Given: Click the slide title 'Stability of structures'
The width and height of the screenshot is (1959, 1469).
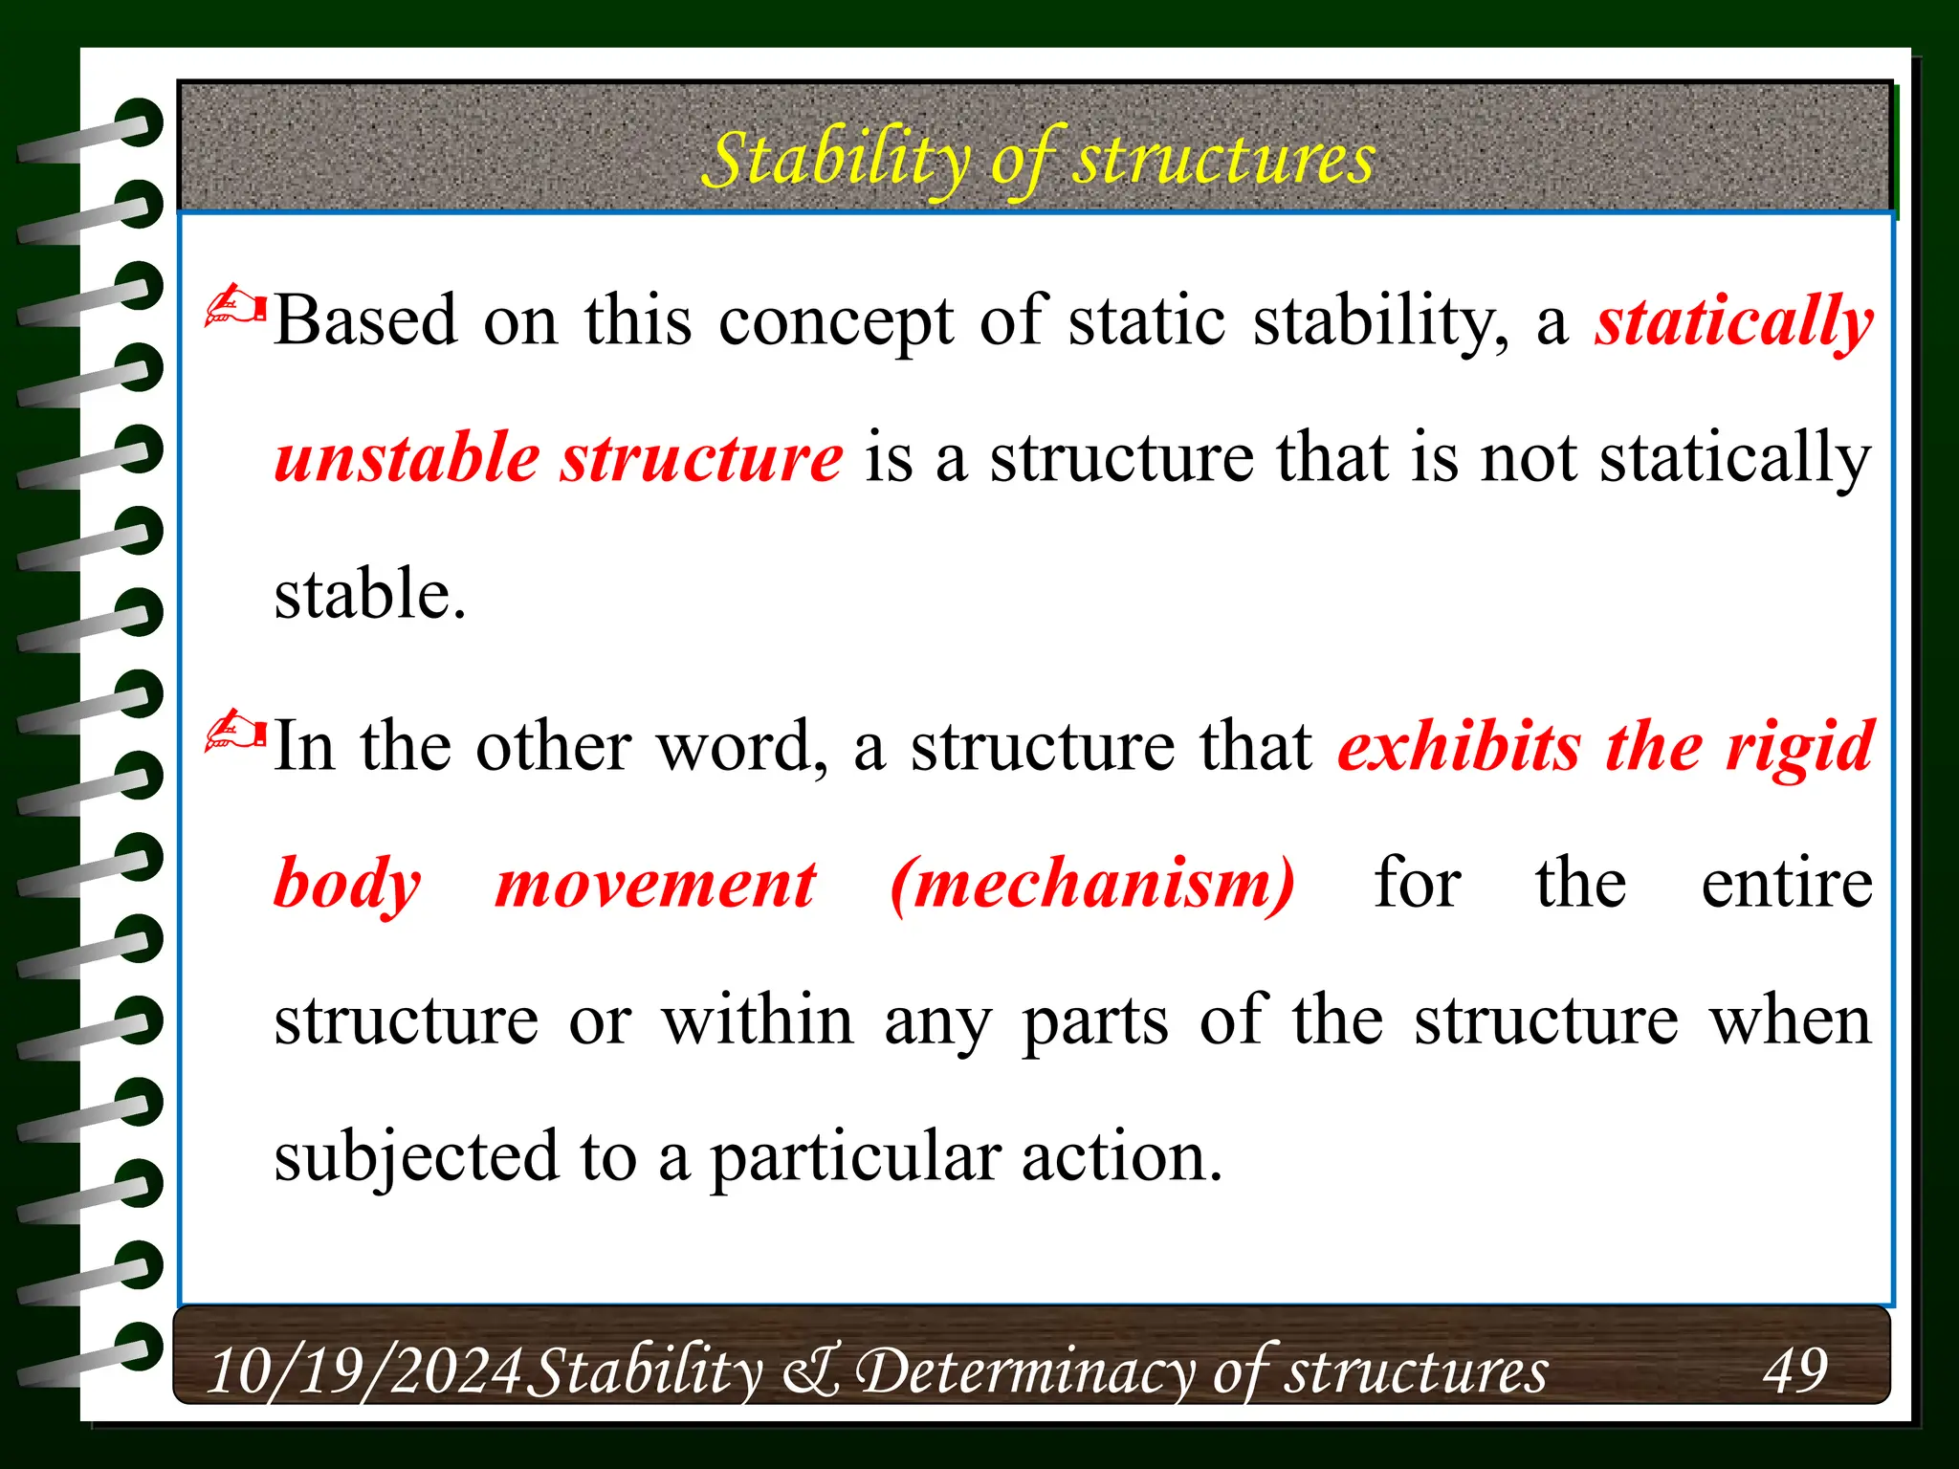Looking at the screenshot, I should (1038, 159).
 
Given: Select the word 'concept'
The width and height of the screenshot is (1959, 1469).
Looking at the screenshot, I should (835, 322).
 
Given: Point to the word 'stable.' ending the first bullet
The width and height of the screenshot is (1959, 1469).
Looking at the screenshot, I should (370, 594).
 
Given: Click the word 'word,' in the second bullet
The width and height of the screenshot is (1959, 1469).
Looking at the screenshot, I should (742, 746).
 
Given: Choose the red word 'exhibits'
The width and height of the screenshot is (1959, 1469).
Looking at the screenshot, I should (1459, 746).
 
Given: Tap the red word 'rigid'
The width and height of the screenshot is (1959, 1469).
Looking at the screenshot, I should (1798, 748).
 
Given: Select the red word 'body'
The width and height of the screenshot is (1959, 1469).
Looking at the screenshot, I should (347, 885).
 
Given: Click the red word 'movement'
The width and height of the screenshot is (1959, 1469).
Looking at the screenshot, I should (655, 885).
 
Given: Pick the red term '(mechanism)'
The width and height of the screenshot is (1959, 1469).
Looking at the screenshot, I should (1092, 885).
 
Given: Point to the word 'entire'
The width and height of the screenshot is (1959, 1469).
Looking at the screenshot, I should (1786, 884).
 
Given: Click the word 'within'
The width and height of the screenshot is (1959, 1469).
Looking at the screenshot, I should (758, 1020).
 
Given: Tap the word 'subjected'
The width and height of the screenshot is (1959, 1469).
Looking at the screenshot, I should (416, 1157).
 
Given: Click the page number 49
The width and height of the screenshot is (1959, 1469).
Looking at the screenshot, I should (1795, 1370).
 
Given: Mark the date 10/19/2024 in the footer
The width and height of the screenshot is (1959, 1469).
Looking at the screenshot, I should (364, 1370).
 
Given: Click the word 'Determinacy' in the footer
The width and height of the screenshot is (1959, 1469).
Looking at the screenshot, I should (1024, 1370).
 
